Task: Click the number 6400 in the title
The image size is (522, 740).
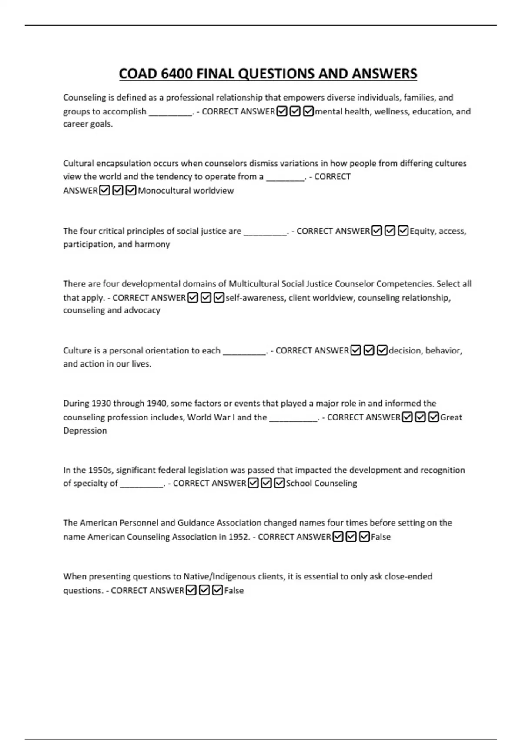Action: [x=177, y=74]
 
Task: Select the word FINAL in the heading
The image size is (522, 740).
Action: [x=216, y=74]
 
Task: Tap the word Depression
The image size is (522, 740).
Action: [x=85, y=431]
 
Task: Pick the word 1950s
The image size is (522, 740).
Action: [x=100, y=470]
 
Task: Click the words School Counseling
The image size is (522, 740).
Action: [x=321, y=483]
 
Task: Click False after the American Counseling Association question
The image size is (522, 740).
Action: [x=381, y=537]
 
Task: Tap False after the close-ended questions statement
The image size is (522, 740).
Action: [x=234, y=591]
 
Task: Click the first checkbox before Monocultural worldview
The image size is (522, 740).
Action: [x=104, y=191]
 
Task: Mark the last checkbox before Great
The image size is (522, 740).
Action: [x=434, y=417]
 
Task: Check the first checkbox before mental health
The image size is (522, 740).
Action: [x=282, y=112]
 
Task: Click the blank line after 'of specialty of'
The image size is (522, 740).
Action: [x=141, y=484]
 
